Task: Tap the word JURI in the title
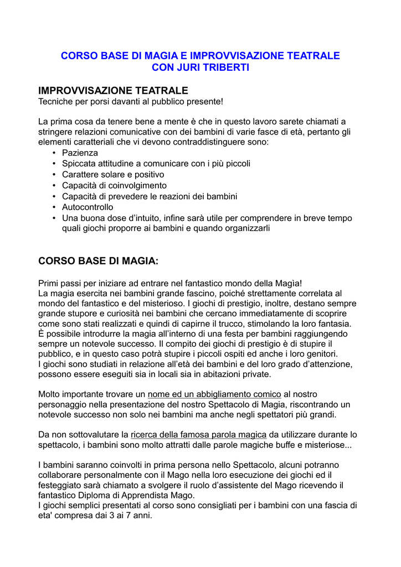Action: point(186,68)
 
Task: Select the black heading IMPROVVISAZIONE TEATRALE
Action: point(113,90)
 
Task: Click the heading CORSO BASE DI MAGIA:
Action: point(98,260)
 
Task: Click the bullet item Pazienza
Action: point(80,152)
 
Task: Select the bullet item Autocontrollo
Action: point(88,207)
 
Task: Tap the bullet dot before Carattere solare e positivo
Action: point(54,174)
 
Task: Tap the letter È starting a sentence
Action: point(42,334)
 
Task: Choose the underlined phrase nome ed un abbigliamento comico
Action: point(214,394)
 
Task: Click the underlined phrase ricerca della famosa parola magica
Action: point(198,435)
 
